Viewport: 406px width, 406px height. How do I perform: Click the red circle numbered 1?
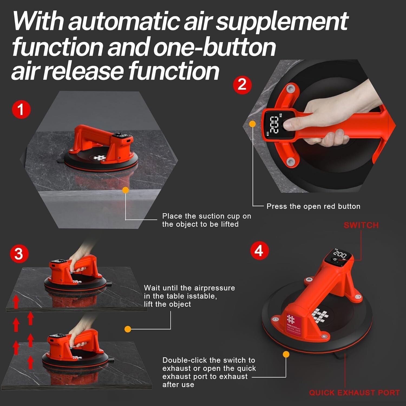[21, 109]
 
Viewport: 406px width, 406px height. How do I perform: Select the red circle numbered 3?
[19, 254]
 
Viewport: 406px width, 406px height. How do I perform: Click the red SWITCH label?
[361, 225]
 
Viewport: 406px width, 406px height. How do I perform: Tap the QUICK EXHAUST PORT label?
[354, 393]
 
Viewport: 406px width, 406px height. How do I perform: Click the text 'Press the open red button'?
[313, 206]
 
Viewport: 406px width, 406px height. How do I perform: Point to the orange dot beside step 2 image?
[252, 124]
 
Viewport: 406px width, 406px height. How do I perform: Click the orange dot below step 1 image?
[125, 190]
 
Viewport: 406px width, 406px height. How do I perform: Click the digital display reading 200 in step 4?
[340, 254]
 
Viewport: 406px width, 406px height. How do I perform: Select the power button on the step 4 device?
[335, 260]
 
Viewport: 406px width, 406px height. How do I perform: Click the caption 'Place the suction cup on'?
[207, 216]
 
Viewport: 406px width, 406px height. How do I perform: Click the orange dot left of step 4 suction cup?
[286, 354]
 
